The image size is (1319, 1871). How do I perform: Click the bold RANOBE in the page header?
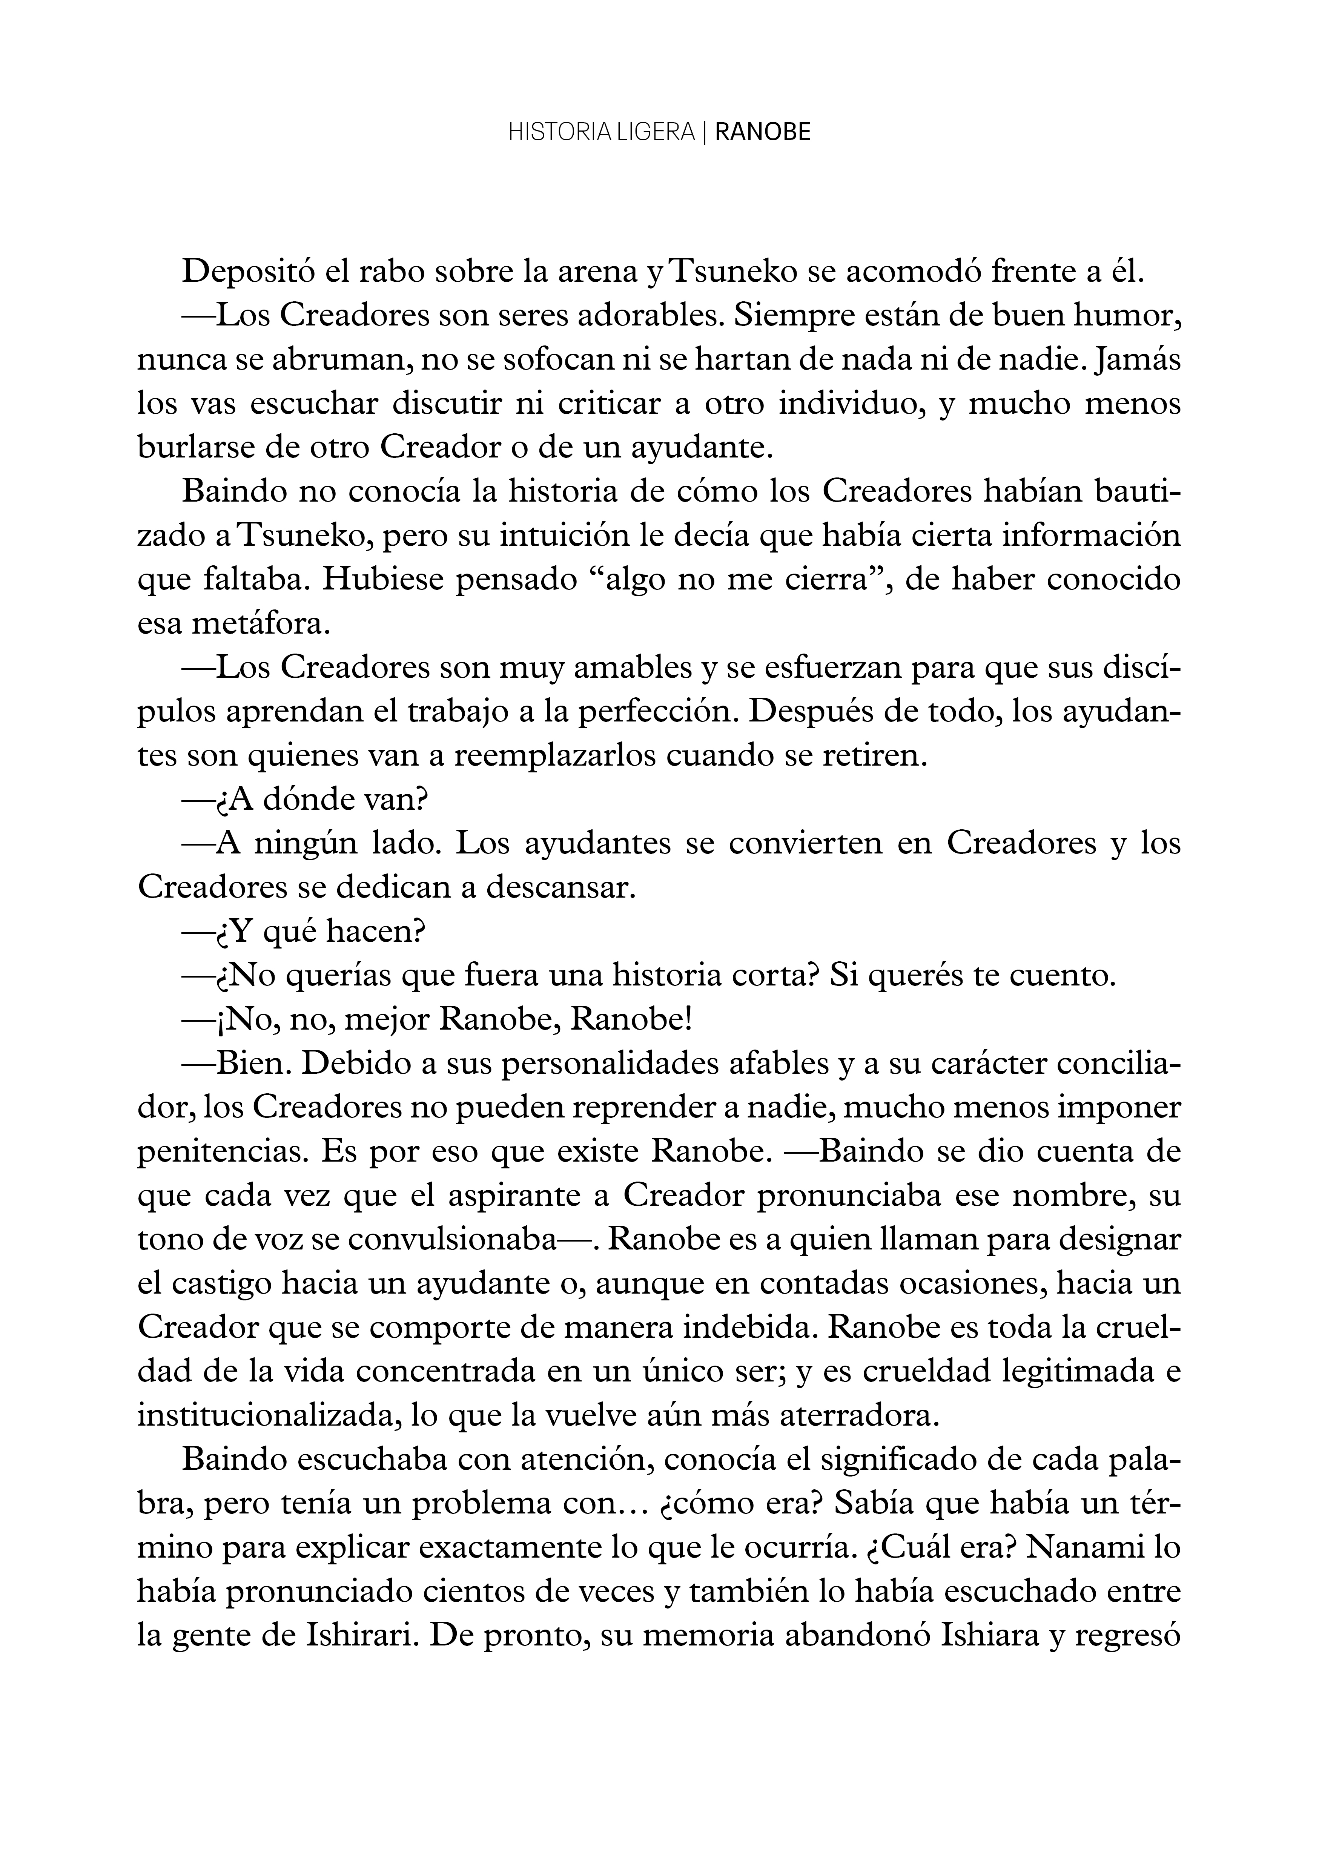click(762, 133)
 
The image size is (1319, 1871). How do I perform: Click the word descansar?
click(561, 888)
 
